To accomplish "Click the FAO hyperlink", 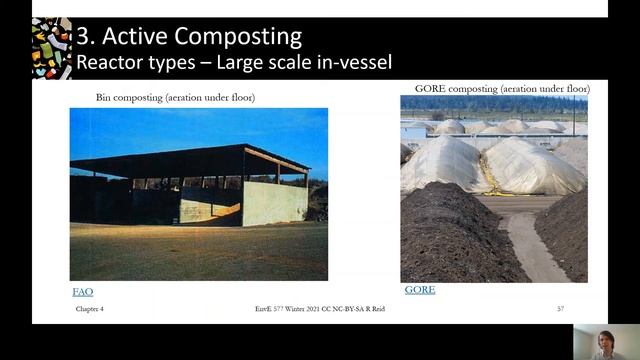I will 82,291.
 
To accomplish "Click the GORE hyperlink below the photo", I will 419,290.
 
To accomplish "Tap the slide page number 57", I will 560,309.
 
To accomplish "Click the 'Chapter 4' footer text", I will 89,309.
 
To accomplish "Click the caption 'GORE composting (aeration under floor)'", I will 496,89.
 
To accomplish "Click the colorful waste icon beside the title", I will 51,48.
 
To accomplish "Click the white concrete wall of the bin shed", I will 273,203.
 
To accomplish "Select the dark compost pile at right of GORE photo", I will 566,235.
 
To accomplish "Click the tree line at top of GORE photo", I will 494,103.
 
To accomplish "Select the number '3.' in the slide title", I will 88,37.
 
